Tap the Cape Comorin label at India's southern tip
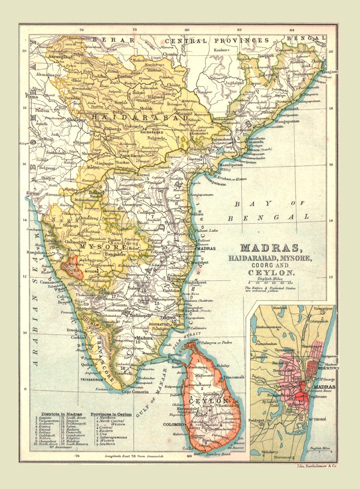coord(134,391)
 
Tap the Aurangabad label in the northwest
coord(55,57)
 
